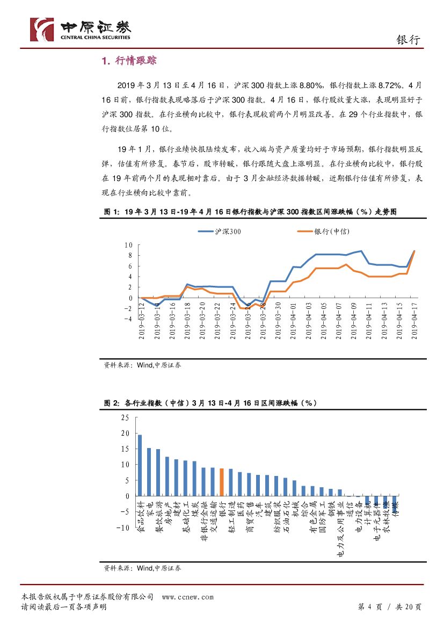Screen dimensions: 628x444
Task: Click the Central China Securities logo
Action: tap(81, 29)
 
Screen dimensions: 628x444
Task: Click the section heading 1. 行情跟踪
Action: tap(129, 61)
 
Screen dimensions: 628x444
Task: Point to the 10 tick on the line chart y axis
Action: tap(128, 245)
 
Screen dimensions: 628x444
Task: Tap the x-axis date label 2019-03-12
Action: tap(142, 320)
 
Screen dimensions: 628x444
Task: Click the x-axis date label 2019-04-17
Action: tap(414, 320)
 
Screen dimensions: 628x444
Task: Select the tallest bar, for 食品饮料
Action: tap(140, 465)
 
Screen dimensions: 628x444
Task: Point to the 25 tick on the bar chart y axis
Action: tap(125, 417)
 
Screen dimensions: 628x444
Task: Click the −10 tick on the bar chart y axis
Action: tap(122, 528)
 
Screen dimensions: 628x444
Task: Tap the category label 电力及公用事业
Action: tap(340, 528)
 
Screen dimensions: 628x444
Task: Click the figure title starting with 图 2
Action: tap(210, 403)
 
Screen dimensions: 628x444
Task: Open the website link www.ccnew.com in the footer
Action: tap(187, 597)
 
